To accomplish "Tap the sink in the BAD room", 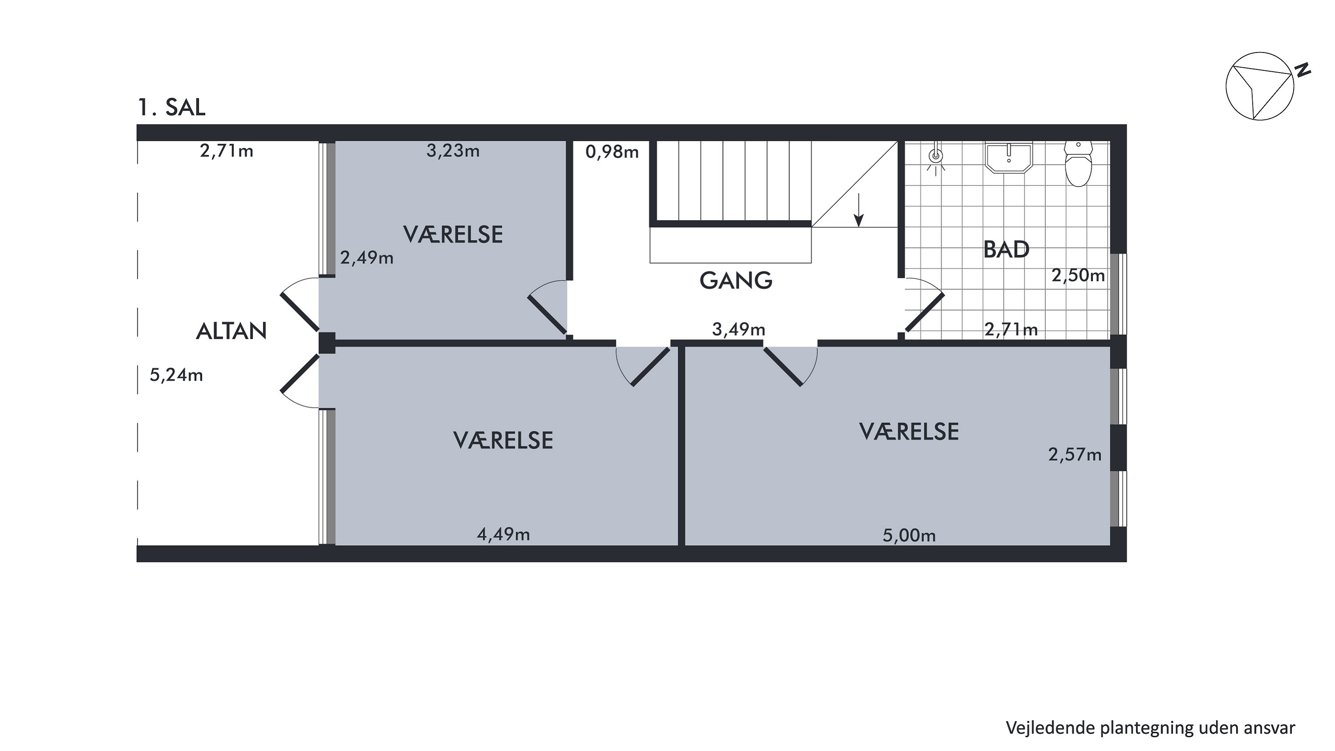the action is pyautogui.click(x=1009, y=157).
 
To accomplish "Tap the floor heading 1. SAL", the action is pyautogui.click(x=171, y=107).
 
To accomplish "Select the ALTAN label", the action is pyautogui.click(x=231, y=331).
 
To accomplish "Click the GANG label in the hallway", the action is pyautogui.click(x=736, y=280).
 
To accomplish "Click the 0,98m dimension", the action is pyautogui.click(x=612, y=152).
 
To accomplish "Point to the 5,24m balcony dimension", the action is pyautogui.click(x=176, y=375).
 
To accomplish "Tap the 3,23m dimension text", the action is pyautogui.click(x=453, y=151).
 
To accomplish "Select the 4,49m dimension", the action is pyautogui.click(x=503, y=534).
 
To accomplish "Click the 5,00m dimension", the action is pyautogui.click(x=910, y=535).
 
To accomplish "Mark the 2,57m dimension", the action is pyautogui.click(x=1075, y=455).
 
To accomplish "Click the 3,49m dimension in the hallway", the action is pyautogui.click(x=739, y=329).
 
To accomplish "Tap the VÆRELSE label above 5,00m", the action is pyautogui.click(x=909, y=432).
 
